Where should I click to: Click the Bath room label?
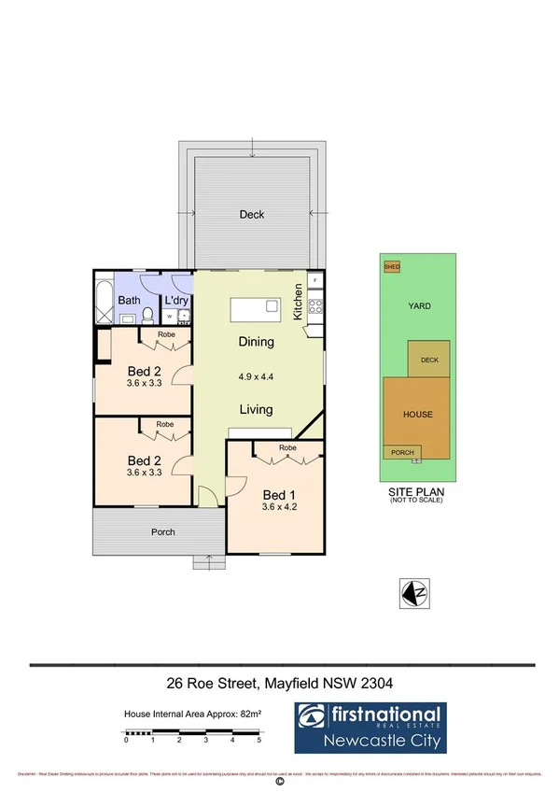(x=129, y=301)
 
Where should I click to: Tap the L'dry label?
(x=175, y=301)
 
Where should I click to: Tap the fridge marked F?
(x=315, y=280)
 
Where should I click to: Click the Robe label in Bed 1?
(x=287, y=448)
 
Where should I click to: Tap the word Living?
(x=255, y=409)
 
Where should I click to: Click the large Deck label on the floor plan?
(x=252, y=215)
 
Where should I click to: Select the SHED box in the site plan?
(x=392, y=267)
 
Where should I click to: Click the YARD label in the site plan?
(x=418, y=305)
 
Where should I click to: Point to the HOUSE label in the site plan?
(x=417, y=414)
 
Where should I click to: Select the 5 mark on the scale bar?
(x=259, y=740)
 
